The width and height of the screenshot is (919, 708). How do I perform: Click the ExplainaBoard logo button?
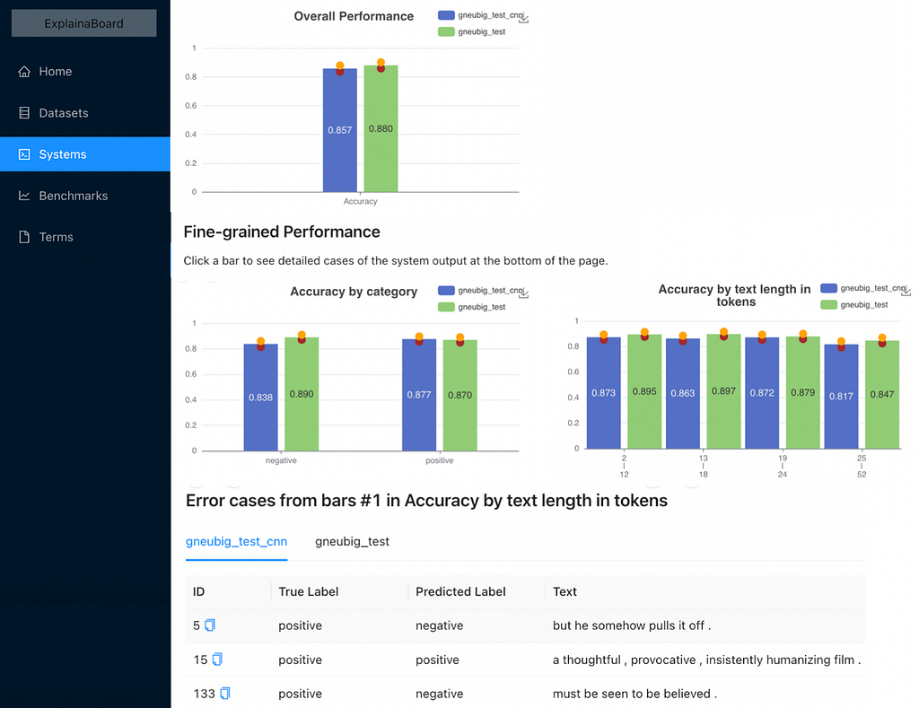click(x=83, y=23)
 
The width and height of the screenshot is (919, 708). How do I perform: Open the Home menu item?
click(x=45, y=72)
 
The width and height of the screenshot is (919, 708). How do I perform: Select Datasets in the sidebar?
click(x=53, y=113)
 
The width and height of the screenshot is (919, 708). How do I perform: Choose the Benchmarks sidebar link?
click(x=64, y=196)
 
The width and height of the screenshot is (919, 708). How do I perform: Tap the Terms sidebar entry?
click(x=46, y=237)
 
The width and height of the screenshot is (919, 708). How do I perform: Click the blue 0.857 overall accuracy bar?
click(x=340, y=130)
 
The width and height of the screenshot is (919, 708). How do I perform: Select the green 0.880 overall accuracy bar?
click(x=381, y=128)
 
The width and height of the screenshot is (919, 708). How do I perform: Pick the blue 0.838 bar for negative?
click(x=261, y=398)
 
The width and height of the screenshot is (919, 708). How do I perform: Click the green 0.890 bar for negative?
click(x=302, y=394)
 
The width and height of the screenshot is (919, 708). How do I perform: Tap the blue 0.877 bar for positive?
click(x=419, y=395)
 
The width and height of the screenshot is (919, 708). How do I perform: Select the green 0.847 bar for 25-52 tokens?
click(x=882, y=395)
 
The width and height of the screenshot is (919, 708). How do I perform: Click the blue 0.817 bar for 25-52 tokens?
click(x=841, y=397)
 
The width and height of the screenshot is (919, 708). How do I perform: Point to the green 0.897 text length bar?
click(x=724, y=391)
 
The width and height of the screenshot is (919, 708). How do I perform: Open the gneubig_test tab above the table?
click(x=352, y=542)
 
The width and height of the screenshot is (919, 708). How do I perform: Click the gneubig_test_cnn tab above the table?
click(x=236, y=542)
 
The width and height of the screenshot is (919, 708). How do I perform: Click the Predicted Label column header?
click(x=460, y=591)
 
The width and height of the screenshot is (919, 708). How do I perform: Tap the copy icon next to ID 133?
click(x=225, y=694)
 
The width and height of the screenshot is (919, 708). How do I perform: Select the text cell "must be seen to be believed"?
click(x=635, y=694)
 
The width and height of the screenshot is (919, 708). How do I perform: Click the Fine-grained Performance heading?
click(x=282, y=232)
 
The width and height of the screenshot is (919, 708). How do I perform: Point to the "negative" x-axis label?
click(x=281, y=460)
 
